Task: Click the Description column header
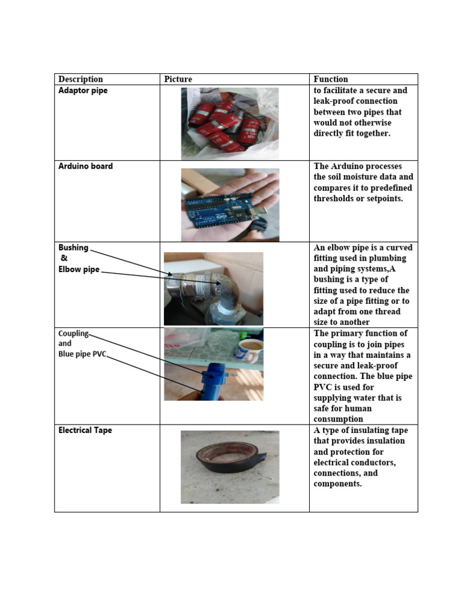click(x=80, y=79)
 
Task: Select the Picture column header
click(x=178, y=79)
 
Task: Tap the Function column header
click(x=331, y=79)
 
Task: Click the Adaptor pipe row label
click(x=83, y=91)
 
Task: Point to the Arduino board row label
click(x=85, y=166)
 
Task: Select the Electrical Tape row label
click(x=85, y=431)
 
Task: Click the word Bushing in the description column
click(x=73, y=247)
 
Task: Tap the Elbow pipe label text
click(x=79, y=270)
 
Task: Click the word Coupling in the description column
click(x=73, y=333)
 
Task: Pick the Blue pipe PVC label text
click(x=82, y=354)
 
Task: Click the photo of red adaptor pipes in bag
click(x=230, y=123)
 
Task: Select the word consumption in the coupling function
click(x=338, y=419)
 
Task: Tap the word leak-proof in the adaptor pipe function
click(x=334, y=101)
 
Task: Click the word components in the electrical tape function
click(x=337, y=484)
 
